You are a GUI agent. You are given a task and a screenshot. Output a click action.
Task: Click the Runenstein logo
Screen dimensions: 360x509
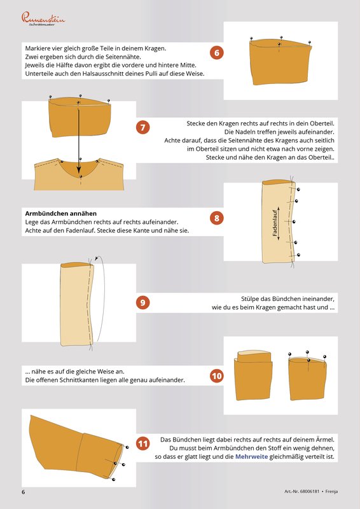click(x=43, y=19)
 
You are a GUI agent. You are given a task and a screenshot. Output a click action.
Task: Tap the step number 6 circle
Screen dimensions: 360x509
click(x=217, y=53)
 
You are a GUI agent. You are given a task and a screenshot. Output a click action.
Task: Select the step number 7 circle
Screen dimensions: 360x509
click(x=143, y=127)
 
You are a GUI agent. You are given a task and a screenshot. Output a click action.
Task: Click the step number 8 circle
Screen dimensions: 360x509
click(x=217, y=218)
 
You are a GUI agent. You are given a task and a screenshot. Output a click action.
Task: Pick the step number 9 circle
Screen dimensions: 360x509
click(x=143, y=303)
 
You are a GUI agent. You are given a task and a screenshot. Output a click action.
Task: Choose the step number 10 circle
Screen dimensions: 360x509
click(x=217, y=376)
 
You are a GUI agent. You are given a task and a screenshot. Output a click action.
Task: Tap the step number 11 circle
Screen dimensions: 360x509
click(x=143, y=443)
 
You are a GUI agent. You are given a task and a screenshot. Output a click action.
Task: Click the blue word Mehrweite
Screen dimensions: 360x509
click(x=252, y=457)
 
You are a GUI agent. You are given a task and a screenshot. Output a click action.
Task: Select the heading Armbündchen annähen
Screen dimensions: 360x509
click(x=61, y=214)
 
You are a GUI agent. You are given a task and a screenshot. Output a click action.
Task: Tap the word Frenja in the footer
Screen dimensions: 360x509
click(x=331, y=491)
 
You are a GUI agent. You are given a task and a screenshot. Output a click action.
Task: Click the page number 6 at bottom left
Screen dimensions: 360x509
click(x=24, y=491)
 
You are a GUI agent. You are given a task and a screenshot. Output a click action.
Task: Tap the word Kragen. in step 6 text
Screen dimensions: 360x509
click(x=154, y=49)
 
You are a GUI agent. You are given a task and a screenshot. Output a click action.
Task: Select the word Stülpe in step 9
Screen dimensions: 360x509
click(x=249, y=298)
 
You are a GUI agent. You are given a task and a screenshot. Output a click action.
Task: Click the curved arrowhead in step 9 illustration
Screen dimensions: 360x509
click(x=96, y=258)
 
